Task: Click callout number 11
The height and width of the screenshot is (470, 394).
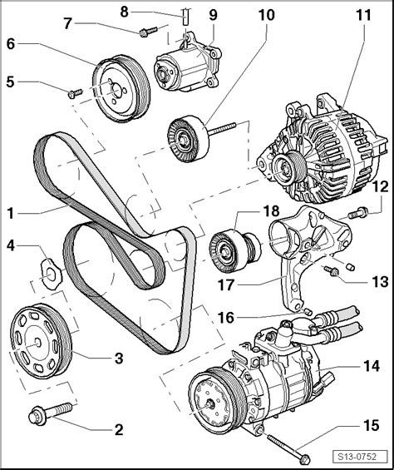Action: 363,15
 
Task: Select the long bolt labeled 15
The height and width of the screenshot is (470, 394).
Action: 288,448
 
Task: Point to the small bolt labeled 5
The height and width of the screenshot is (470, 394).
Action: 75,93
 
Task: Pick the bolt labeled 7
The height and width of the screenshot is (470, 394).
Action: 148,32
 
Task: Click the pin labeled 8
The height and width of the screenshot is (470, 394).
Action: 185,17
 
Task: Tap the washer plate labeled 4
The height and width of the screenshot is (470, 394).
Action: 52,274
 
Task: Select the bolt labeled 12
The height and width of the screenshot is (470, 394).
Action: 358,214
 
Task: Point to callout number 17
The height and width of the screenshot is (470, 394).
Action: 226,284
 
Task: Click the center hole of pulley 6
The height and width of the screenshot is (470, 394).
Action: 116,90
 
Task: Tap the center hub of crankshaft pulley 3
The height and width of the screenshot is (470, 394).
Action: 37,342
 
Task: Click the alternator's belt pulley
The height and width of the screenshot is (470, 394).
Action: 289,169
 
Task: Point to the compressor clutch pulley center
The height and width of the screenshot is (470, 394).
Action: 209,403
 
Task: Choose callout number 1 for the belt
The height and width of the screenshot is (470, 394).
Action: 11,213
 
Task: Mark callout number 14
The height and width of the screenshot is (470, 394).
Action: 372,366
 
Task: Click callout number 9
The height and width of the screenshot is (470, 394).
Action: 213,15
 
